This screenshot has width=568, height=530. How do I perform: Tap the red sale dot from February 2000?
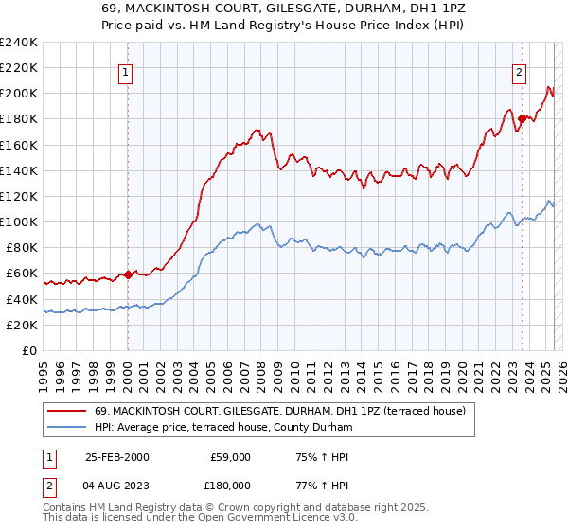[128, 275]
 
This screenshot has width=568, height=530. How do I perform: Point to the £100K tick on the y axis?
[20, 221]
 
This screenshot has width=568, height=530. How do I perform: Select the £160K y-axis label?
[20, 145]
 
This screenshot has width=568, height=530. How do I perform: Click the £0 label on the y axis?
[29, 350]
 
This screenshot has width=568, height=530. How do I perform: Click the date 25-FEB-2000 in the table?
[117, 457]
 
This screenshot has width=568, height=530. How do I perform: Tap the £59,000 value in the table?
[230, 457]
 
